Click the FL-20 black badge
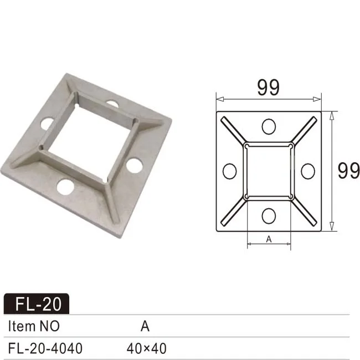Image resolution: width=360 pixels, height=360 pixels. point(37,304)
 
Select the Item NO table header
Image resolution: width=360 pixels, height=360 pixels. point(34,326)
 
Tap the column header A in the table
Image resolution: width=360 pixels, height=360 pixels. point(145,326)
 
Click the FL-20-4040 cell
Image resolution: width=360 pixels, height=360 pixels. point(45,348)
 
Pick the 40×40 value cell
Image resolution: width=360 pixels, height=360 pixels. point(146,348)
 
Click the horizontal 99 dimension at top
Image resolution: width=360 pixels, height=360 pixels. point(268,88)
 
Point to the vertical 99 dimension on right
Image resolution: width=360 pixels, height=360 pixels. point(348,171)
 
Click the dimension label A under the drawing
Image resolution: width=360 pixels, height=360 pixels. point(269,239)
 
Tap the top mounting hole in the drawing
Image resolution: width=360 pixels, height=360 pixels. point(269,127)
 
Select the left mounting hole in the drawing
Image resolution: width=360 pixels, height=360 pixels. point(229,171)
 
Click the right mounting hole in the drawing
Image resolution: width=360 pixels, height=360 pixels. point(307,171)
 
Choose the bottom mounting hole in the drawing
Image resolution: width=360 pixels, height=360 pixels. point(269,215)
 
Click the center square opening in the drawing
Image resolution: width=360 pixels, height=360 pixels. point(269,171)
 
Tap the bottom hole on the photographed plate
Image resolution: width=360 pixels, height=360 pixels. point(65,187)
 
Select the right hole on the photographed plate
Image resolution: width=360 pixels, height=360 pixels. point(133,164)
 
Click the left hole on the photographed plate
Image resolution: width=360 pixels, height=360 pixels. point(47,124)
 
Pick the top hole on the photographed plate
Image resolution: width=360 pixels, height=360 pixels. point(112,104)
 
